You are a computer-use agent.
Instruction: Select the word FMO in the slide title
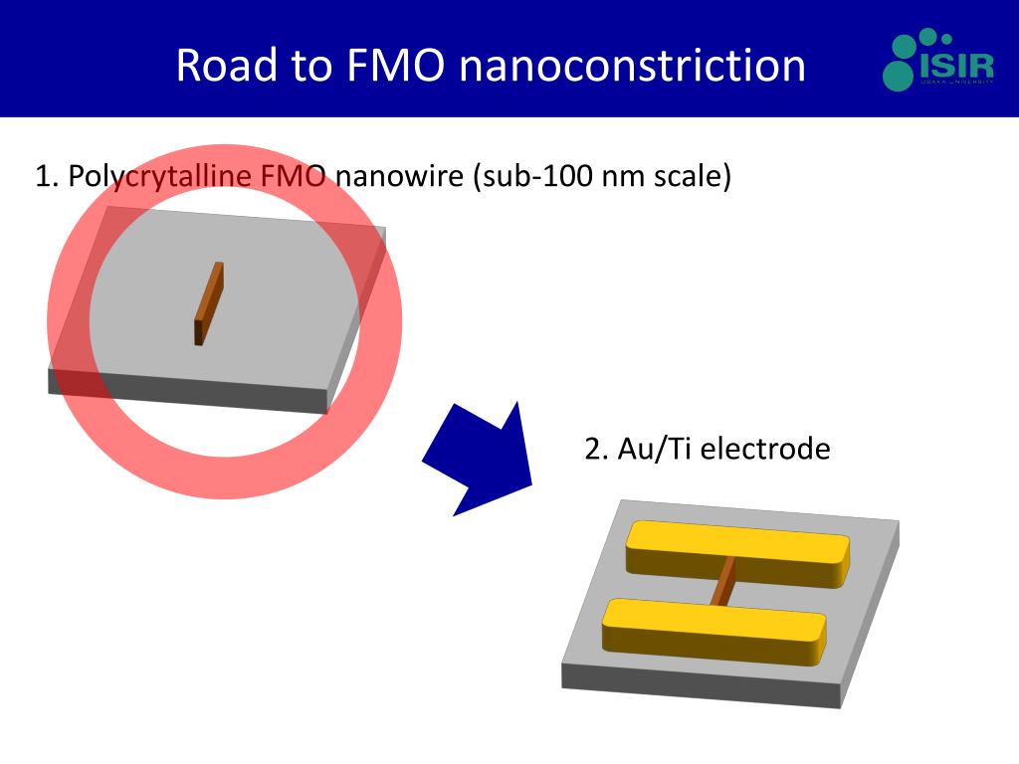pyautogui.click(x=390, y=66)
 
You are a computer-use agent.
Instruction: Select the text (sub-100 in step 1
pyautogui.click(x=527, y=177)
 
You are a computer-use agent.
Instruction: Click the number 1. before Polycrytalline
pyautogui.click(x=48, y=177)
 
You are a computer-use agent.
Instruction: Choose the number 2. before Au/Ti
pyautogui.click(x=597, y=449)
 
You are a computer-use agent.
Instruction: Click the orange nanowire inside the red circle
pyautogui.click(x=208, y=303)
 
